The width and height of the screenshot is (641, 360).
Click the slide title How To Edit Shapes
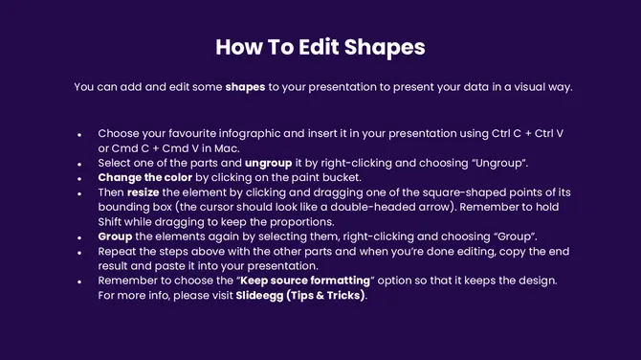pyautogui.click(x=320, y=47)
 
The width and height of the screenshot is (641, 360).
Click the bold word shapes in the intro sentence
pyautogui.click(x=245, y=87)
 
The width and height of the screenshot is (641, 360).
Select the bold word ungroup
pyautogui.click(x=269, y=163)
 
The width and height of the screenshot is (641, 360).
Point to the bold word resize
pyautogui.click(x=142, y=192)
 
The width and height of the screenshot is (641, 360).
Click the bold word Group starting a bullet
pyautogui.click(x=116, y=236)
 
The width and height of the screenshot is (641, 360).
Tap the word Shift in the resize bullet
pyautogui.click(x=113, y=221)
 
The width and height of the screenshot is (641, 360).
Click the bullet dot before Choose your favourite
pyautogui.click(x=78, y=135)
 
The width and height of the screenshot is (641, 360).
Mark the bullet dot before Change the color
pyautogui.click(x=78, y=179)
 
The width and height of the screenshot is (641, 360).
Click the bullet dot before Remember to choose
pyautogui.click(x=78, y=281)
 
